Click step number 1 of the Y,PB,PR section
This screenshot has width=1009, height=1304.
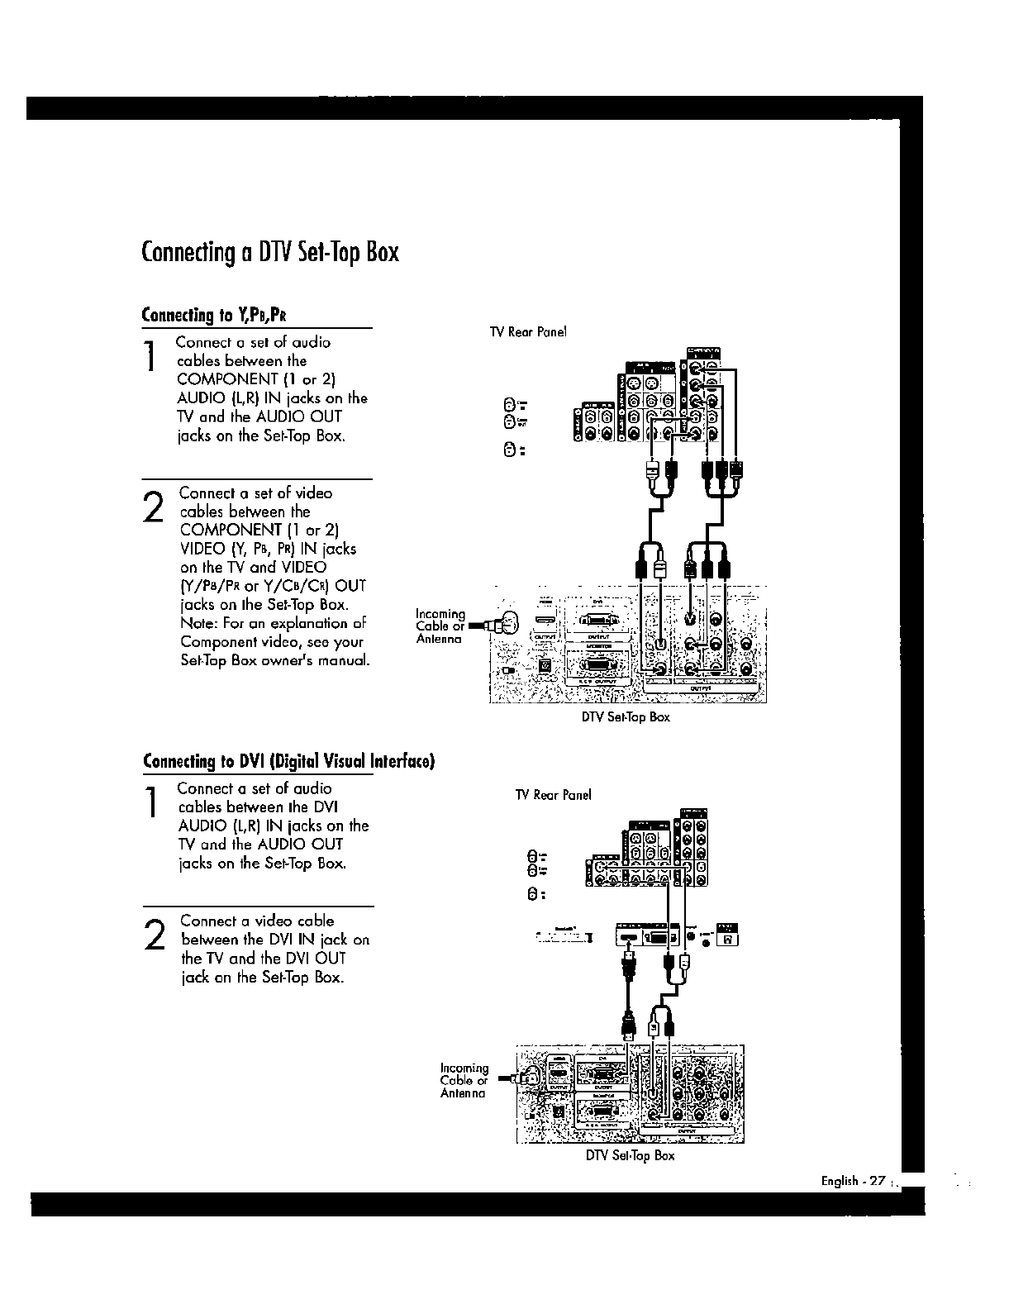pyautogui.click(x=150, y=357)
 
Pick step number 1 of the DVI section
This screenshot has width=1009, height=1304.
pyautogui.click(x=150, y=803)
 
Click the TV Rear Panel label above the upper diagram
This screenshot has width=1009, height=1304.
pyautogui.click(x=528, y=332)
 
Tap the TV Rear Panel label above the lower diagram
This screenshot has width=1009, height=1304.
pyautogui.click(x=553, y=795)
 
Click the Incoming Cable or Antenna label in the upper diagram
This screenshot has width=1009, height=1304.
pyautogui.click(x=440, y=626)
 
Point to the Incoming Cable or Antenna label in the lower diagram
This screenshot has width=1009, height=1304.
pyautogui.click(x=464, y=1081)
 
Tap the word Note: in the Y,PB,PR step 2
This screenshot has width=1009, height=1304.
pyautogui.click(x=199, y=624)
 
